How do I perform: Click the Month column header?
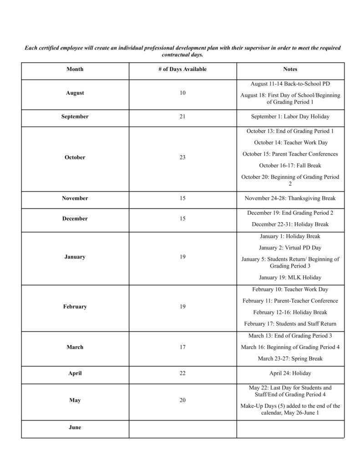tap(75, 69)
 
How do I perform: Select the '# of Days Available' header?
tap(183, 69)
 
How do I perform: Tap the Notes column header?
tap(290, 69)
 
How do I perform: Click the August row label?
tap(75, 93)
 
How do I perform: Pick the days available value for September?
tap(183, 116)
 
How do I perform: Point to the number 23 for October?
tap(183, 157)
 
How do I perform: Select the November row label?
tap(75, 198)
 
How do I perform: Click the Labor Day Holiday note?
tap(290, 116)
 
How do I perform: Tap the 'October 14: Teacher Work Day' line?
tap(290, 142)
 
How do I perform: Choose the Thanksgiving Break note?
tap(290, 198)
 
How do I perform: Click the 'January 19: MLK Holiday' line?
tap(290, 277)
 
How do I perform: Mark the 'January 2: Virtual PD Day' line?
tap(290, 248)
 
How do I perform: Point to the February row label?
tap(75, 307)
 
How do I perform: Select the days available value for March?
tap(183, 347)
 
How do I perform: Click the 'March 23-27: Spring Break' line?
tap(290, 359)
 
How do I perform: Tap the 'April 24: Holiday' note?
tap(290, 373)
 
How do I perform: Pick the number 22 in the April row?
tap(183, 373)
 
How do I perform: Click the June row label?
tap(75, 427)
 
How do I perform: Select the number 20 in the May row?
tap(183, 400)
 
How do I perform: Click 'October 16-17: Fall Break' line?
tap(290, 166)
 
